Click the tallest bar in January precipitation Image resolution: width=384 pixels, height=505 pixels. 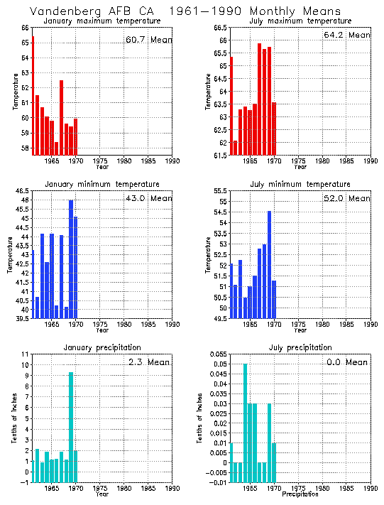(x=71, y=426)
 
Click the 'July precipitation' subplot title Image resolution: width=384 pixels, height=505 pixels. (x=300, y=347)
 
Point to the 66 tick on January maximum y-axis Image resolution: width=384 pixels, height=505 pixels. (x=25, y=28)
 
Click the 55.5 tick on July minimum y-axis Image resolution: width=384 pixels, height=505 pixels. (x=219, y=191)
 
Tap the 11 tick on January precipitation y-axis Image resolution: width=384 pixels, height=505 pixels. (x=25, y=354)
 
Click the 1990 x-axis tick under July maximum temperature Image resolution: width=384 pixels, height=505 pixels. (x=370, y=161)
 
